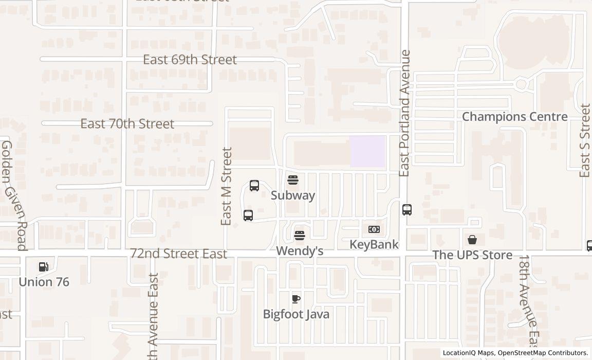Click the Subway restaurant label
[293, 195]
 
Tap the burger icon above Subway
[293, 180]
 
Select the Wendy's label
[300, 251]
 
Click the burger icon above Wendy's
[300, 236]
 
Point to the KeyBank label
[374, 244]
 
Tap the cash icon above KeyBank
[374, 229]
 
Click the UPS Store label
[472, 255]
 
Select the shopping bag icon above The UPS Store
[472, 240]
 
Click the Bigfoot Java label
[296, 314]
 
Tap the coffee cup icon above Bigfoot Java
[296, 299]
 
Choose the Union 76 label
[44, 282]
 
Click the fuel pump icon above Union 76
[44, 266]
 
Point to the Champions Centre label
[514, 117]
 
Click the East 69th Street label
[190, 60]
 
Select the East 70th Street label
[127, 124]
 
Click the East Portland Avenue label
[405, 113]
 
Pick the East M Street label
[227, 186]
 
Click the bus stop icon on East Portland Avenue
[407, 210]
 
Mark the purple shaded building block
[367, 151]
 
